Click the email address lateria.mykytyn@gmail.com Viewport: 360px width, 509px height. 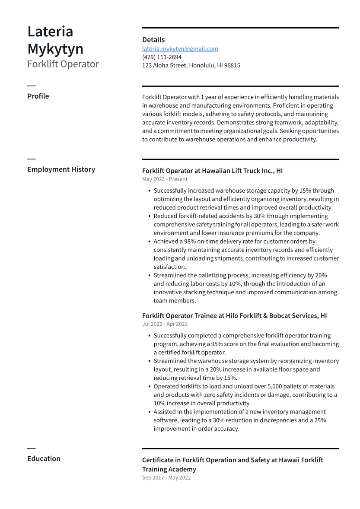180,49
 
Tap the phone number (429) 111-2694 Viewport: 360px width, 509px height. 162,57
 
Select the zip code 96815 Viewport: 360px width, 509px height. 232,66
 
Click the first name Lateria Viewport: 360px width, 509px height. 50,32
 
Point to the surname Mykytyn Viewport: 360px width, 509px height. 55,49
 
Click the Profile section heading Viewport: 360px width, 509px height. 38,96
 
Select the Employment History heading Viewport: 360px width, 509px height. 61,169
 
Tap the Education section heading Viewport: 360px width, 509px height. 44,459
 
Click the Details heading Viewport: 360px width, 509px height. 153,40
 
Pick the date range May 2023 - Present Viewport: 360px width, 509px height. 165,179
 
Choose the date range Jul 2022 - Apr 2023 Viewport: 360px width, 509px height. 165,324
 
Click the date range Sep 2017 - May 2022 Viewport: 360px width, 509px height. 166,478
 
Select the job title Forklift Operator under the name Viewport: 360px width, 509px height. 63,64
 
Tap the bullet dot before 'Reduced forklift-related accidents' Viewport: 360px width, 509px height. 149,216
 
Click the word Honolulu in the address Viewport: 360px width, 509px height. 202,66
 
